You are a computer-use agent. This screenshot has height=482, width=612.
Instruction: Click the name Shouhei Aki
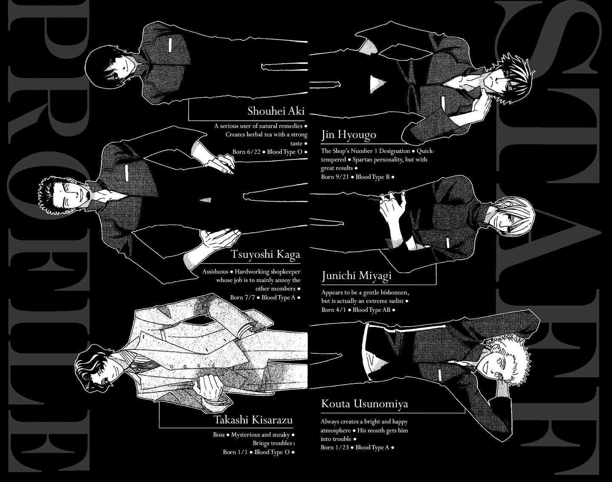tap(275, 111)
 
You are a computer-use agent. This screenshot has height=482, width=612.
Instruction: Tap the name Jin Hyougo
tap(348, 135)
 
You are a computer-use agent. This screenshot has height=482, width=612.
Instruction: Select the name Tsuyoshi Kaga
tap(265, 254)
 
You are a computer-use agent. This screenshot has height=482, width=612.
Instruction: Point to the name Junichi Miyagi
tap(356, 276)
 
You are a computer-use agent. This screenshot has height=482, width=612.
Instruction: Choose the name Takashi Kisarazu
tap(253, 420)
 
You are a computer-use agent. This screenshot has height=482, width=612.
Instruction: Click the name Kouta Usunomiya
tap(365, 404)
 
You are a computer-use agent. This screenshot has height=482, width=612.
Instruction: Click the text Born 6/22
tap(246, 152)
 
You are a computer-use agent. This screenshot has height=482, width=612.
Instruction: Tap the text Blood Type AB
tap(371, 310)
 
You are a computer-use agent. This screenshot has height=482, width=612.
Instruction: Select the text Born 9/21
tap(335, 177)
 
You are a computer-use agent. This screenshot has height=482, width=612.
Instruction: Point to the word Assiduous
tap(215, 272)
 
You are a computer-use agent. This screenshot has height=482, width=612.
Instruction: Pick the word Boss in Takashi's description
tap(219, 435)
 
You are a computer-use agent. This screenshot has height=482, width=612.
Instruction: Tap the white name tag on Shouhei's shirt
tap(170, 46)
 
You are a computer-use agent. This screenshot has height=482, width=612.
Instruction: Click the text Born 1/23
tap(335, 448)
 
